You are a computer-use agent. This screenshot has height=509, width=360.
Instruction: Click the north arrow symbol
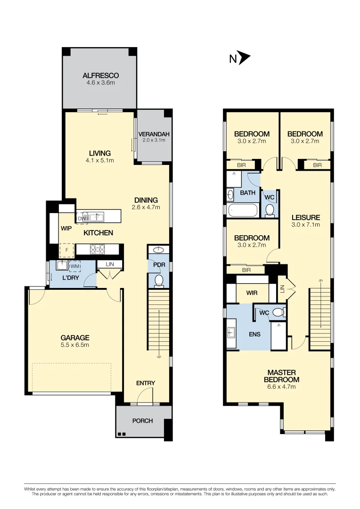pyautogui.click(x=244, y=58)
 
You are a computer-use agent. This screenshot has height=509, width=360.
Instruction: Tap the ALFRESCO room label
pyautogui.click(x=100, y=75)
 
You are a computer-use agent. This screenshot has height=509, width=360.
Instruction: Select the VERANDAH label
pyautogui.click(x=152, y=134)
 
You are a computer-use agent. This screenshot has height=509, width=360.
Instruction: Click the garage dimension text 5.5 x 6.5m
pyautogui.click(x=75, y=345)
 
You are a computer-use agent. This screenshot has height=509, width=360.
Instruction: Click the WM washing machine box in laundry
pyautogui.click(x=74, y=267)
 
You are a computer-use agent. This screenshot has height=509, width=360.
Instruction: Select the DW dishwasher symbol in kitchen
pyautogui.click(x=82, y=218)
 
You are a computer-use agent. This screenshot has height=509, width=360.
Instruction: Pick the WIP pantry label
pyautogui.click(x=66, y=228)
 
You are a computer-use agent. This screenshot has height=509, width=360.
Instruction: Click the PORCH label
pyautogui.click(x=142, y=420)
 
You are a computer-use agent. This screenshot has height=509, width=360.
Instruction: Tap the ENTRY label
pyautogui.click(x=146, y=383)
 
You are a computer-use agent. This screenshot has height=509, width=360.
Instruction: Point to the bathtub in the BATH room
pyautogui.click(x=242, y=210)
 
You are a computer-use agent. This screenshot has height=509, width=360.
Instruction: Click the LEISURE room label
pyautogui.click(x=305, y=217)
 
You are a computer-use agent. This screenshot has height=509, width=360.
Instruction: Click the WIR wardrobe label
pyautogui.click(x=252, y=293)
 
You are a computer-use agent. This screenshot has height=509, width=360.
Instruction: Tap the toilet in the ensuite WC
pyautogui.click(x=279, y=312)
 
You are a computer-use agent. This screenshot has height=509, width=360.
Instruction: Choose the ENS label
pyautogui.click(x=254, y=335)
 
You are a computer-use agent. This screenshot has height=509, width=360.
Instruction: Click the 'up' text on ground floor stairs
pyautogui.click(x=159, y=357)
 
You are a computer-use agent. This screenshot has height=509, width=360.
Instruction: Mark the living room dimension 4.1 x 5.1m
pyautogui.click(x=100, y=160)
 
